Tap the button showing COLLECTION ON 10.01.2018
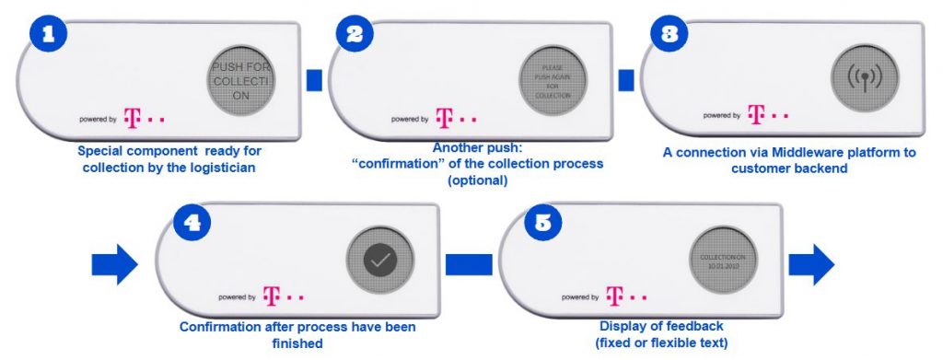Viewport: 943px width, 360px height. pyautogui.click(x=721, y=260)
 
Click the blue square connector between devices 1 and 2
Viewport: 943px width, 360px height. pyautogui.click(x=314, y=81)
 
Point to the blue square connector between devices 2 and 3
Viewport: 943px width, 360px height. pyautogui.click(x=626, y=81)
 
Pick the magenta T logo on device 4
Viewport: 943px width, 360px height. pyautogui.click(x=271, y=296)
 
